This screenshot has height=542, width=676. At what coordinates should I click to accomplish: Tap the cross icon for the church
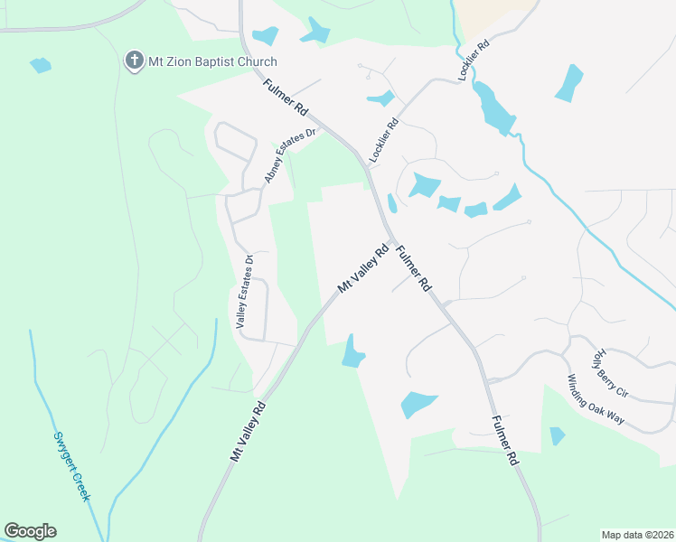134,61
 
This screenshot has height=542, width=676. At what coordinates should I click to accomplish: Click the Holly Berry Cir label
610,374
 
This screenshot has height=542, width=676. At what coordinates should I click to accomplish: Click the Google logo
30,531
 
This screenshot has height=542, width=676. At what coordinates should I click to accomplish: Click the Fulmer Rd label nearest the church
286,97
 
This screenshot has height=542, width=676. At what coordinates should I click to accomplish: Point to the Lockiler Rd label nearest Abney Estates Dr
384,142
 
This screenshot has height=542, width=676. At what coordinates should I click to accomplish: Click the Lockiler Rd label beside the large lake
474,61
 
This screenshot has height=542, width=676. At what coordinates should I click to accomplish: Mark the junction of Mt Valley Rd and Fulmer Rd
390,241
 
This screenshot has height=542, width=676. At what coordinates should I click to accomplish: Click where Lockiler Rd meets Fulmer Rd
366,166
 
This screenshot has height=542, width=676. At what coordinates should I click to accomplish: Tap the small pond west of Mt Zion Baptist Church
41,65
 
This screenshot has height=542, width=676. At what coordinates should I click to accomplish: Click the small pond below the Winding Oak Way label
558,436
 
